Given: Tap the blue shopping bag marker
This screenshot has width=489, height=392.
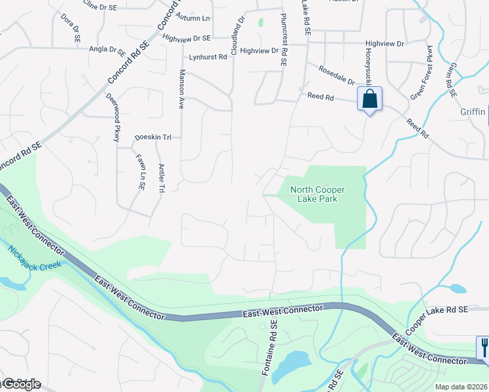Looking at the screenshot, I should point(369,99).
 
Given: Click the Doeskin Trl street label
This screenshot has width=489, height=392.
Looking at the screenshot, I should point(153,138).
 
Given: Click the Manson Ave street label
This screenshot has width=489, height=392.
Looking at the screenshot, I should point(181,89).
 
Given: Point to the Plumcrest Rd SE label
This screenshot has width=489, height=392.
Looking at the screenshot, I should point(284,40).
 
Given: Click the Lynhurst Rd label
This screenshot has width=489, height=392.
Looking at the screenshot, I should point(208,57).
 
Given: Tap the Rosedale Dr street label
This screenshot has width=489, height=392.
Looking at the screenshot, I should point(336,76).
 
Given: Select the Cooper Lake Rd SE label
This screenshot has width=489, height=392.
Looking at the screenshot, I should point(439,319).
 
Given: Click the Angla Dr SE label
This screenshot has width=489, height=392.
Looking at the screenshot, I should point(108,49).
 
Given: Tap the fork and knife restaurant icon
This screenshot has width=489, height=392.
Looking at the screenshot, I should point(483,346).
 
